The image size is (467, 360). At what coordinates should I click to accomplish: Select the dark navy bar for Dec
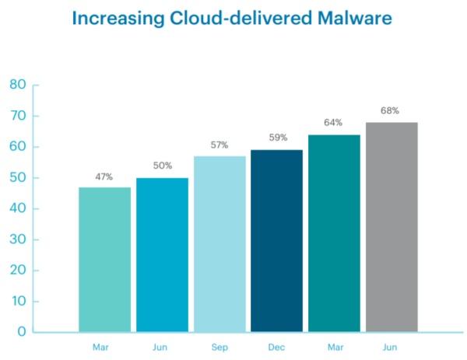pyautogui.click(x=276, y=240)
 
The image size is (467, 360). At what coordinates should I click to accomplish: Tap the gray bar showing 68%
pyautogui.click(x=392, y=226)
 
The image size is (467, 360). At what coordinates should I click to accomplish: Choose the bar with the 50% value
pyautogui.click(x=162, y=254)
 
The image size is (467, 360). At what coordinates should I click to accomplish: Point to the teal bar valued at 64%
pyautogui.click(x=334, y=232)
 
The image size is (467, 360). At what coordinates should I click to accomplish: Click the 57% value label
pyautogui.click(x=220, y=145)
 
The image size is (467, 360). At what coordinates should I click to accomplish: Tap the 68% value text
pyautogui.click(x=391, y=111)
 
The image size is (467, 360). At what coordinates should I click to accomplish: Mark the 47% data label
pyautogui.click(x=104, y=177)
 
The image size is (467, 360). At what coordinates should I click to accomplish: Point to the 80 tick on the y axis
pyautogui.click(x=18, y=85)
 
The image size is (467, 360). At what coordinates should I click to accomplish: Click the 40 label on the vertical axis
pyautogui.click(x=18, y=208)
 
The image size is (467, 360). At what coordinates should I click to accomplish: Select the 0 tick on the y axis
pyautogui.click(x=22, y=332)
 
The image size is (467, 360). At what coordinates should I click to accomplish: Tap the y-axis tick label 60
pyautogui.click(x=18, y=147)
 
